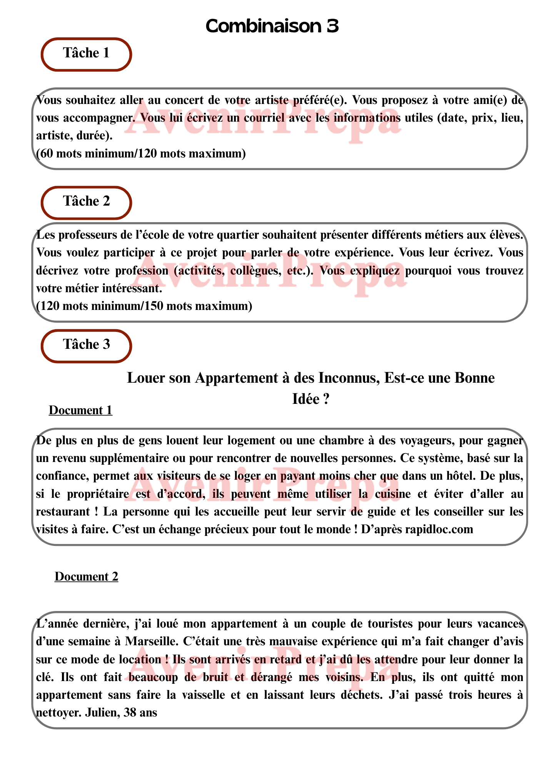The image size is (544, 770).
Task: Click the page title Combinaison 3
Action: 272,26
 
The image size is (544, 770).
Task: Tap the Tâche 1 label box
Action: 86,54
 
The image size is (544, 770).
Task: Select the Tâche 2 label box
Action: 86,202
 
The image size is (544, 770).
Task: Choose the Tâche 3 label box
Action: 86,345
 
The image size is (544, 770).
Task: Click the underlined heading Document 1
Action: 80,410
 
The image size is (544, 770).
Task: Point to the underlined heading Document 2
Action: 86,576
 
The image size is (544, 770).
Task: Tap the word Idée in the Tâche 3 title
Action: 305,399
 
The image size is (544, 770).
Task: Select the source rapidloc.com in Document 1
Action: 439,529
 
